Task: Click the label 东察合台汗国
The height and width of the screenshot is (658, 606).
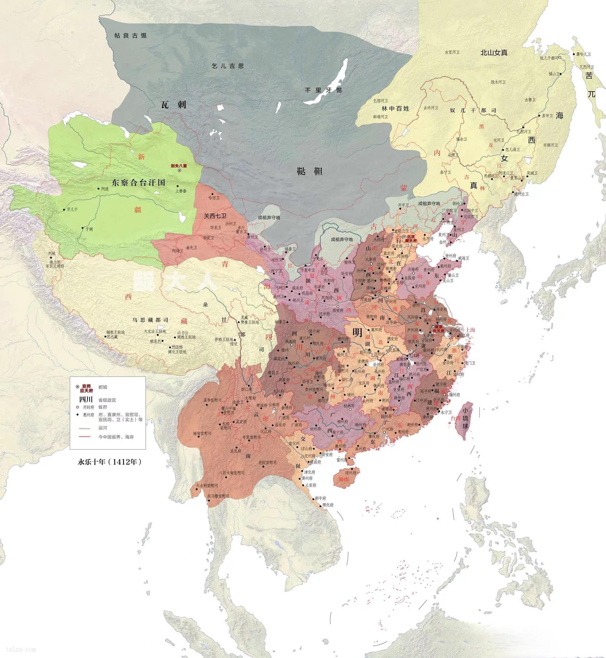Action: click(x=138, y=183)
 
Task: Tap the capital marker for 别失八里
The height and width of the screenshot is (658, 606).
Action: click(x=179, y=171)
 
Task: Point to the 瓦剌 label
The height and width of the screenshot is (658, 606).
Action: click(x=174, y=105)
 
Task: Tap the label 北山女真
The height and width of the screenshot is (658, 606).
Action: click(x=494, y=52)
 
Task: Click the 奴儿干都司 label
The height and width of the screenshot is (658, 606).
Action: click(x=473, y=111)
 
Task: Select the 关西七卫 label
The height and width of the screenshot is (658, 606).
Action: click(x=215, y=216)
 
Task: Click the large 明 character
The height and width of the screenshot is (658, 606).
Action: click(x=357, y=332)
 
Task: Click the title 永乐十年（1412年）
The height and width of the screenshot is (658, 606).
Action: click(x=109, y=462)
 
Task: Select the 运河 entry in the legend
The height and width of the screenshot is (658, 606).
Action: click(x=103, y=428)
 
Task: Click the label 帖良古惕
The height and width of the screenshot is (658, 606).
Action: click(x=130, y=35)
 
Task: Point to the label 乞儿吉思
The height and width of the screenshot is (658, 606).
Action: click(x=228, y=66)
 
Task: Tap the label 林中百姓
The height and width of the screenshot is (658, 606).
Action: click(x=395, y=109)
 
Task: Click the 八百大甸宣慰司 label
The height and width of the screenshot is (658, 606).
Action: click(x=231, y=473)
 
